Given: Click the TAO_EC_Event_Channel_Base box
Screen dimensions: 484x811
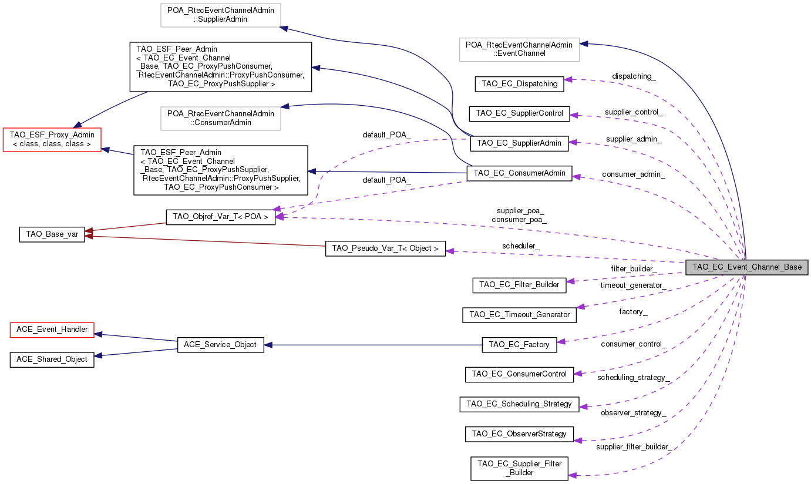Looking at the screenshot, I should (x=747, y=267).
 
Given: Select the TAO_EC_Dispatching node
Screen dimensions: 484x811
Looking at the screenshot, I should (x=519, y=83).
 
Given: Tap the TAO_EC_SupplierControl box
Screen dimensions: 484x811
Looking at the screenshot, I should (x=519, y=113).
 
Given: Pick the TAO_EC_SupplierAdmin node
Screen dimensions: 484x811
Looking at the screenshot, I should (x=520, y=142).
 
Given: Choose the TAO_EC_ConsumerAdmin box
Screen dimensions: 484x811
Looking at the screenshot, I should (x=519, y=173).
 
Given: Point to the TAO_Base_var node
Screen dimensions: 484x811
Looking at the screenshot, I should (x=52, y=234).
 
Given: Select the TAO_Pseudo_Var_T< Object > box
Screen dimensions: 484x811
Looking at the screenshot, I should (x=385, y=248).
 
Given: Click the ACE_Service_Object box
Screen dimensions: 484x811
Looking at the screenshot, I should (x=220, y=344).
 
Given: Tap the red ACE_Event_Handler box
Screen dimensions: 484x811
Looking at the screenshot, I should (x=52, y=330).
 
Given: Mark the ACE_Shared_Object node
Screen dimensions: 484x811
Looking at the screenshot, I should (x=52, y=359).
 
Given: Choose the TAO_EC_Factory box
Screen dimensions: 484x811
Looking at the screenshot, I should (x=519, y=344).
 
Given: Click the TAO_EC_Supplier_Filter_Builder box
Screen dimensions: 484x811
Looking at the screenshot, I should (x=519, y=468).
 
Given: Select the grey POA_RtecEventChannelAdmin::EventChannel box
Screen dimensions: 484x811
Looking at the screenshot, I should (x=519, y=49).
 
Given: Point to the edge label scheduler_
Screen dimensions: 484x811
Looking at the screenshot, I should (x=520, y=246).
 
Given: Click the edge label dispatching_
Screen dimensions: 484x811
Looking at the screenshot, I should (x=634, y=76).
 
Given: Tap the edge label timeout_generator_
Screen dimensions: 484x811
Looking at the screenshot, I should (x=633, y=285).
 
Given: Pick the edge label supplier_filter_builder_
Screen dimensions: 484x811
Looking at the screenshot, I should (x=633, y=447).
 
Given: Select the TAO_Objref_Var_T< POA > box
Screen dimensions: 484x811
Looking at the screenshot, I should (x=220, y=217).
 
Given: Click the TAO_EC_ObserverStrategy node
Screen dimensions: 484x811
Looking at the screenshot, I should (x=519, y=434).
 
